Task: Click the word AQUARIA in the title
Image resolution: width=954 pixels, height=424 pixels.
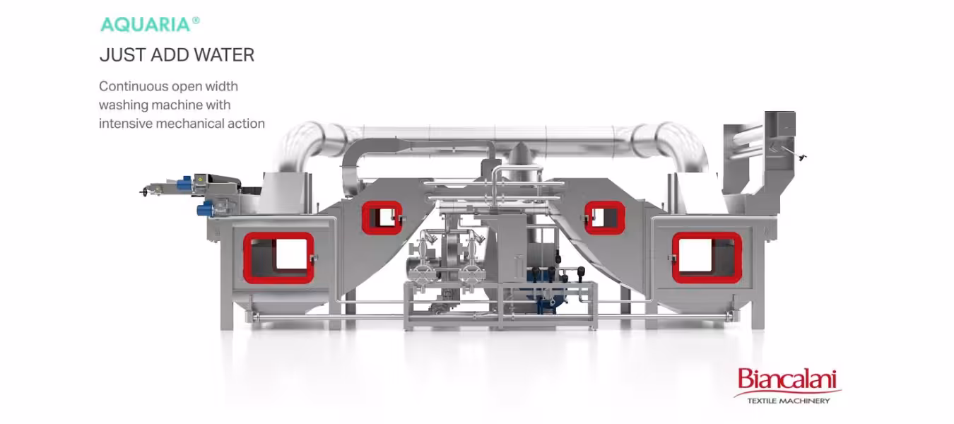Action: pos(146,25)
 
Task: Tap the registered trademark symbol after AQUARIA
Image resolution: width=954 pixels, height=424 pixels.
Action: pos(196,20)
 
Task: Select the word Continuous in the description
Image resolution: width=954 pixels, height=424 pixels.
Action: pos(134,86)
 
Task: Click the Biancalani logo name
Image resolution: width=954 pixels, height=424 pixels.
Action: pos(787,379)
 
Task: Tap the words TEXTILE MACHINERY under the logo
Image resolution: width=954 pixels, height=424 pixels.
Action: pos(789,401)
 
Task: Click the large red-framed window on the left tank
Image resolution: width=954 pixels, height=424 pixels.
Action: pos(278,258)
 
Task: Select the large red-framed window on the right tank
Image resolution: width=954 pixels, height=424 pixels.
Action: pos(707,258)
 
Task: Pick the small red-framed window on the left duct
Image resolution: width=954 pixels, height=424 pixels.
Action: pos(382,218)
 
